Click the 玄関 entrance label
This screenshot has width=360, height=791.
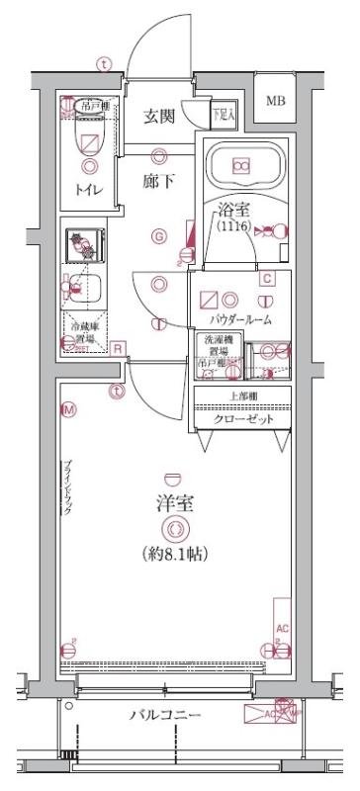tap(159, 117)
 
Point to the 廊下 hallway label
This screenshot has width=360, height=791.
tap(159, 183)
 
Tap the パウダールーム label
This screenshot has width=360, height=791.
tap(240, 320)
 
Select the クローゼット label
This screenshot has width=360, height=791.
tap(243, 418)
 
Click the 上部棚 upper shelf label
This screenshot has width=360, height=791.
tap(243, 397)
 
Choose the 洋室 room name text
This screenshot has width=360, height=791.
tap(174, 502)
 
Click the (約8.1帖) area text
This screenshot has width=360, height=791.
tap(174, 554)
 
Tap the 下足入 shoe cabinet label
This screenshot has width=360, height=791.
tap(225, 114)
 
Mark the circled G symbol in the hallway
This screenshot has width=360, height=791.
tap(158, 235)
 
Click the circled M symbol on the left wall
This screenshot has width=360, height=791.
tap(68, 408)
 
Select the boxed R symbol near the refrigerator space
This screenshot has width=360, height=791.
tap(117, 348)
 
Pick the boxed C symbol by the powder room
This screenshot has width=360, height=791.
tap(266, 279)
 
